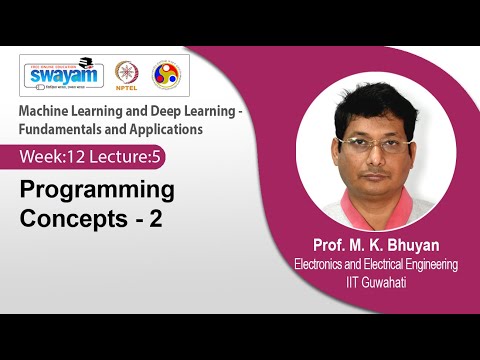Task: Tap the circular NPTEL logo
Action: tap(126, 75)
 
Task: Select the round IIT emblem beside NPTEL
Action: tap(165, 75)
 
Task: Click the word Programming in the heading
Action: tap(98, 189)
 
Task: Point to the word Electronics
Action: tap(324, 265)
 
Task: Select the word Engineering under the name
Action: tap(426, 265)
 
